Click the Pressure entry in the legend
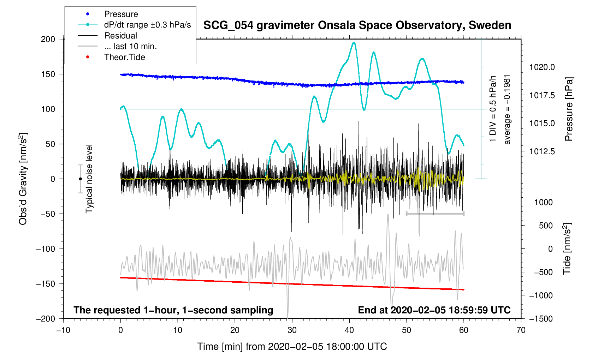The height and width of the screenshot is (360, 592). [x=121, y=14]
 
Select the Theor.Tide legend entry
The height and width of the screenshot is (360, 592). [x=124, y=57]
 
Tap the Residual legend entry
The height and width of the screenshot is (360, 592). [x=120, y=36]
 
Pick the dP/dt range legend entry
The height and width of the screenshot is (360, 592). [x=147, y=25]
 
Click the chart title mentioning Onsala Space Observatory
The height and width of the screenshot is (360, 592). [x=357, y=25]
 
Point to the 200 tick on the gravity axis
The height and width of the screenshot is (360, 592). [x=48, y=39]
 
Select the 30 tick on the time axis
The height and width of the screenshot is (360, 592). [x=292, y=330]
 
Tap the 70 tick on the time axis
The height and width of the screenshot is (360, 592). [x=521, y=330]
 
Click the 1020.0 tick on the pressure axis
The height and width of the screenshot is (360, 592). [x=542, y=67]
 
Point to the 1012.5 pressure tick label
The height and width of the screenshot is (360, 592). [x=542, y=151]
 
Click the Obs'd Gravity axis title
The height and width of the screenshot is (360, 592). [x=23, y=179]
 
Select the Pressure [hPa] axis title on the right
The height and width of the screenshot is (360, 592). [x=569, y=109]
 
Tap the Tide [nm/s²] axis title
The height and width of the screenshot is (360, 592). [x=567, y=248]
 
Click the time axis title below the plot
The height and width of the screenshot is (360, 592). [x=292, y=347]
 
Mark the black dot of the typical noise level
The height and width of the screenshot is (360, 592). [x=80, y=179]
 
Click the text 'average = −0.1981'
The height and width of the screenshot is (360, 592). [x=508, y=109]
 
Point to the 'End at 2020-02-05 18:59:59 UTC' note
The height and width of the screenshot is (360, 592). [x=434, y=310]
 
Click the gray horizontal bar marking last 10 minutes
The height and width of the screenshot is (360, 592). [x=435, y=214]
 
